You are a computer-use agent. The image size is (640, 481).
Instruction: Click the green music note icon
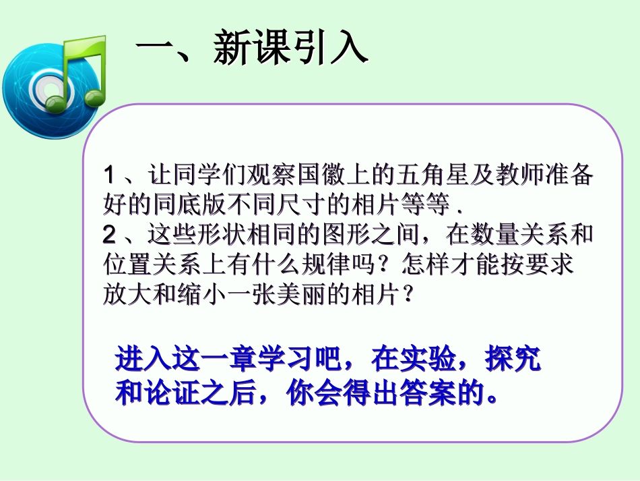click(84, 71)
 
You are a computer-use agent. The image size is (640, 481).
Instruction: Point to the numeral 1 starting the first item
click(110, 177)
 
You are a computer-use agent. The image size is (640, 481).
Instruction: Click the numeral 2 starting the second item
click(110, 235)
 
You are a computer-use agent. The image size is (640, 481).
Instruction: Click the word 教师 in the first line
click(519, 177)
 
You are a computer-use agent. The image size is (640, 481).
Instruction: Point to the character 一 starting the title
click(154, 49)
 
